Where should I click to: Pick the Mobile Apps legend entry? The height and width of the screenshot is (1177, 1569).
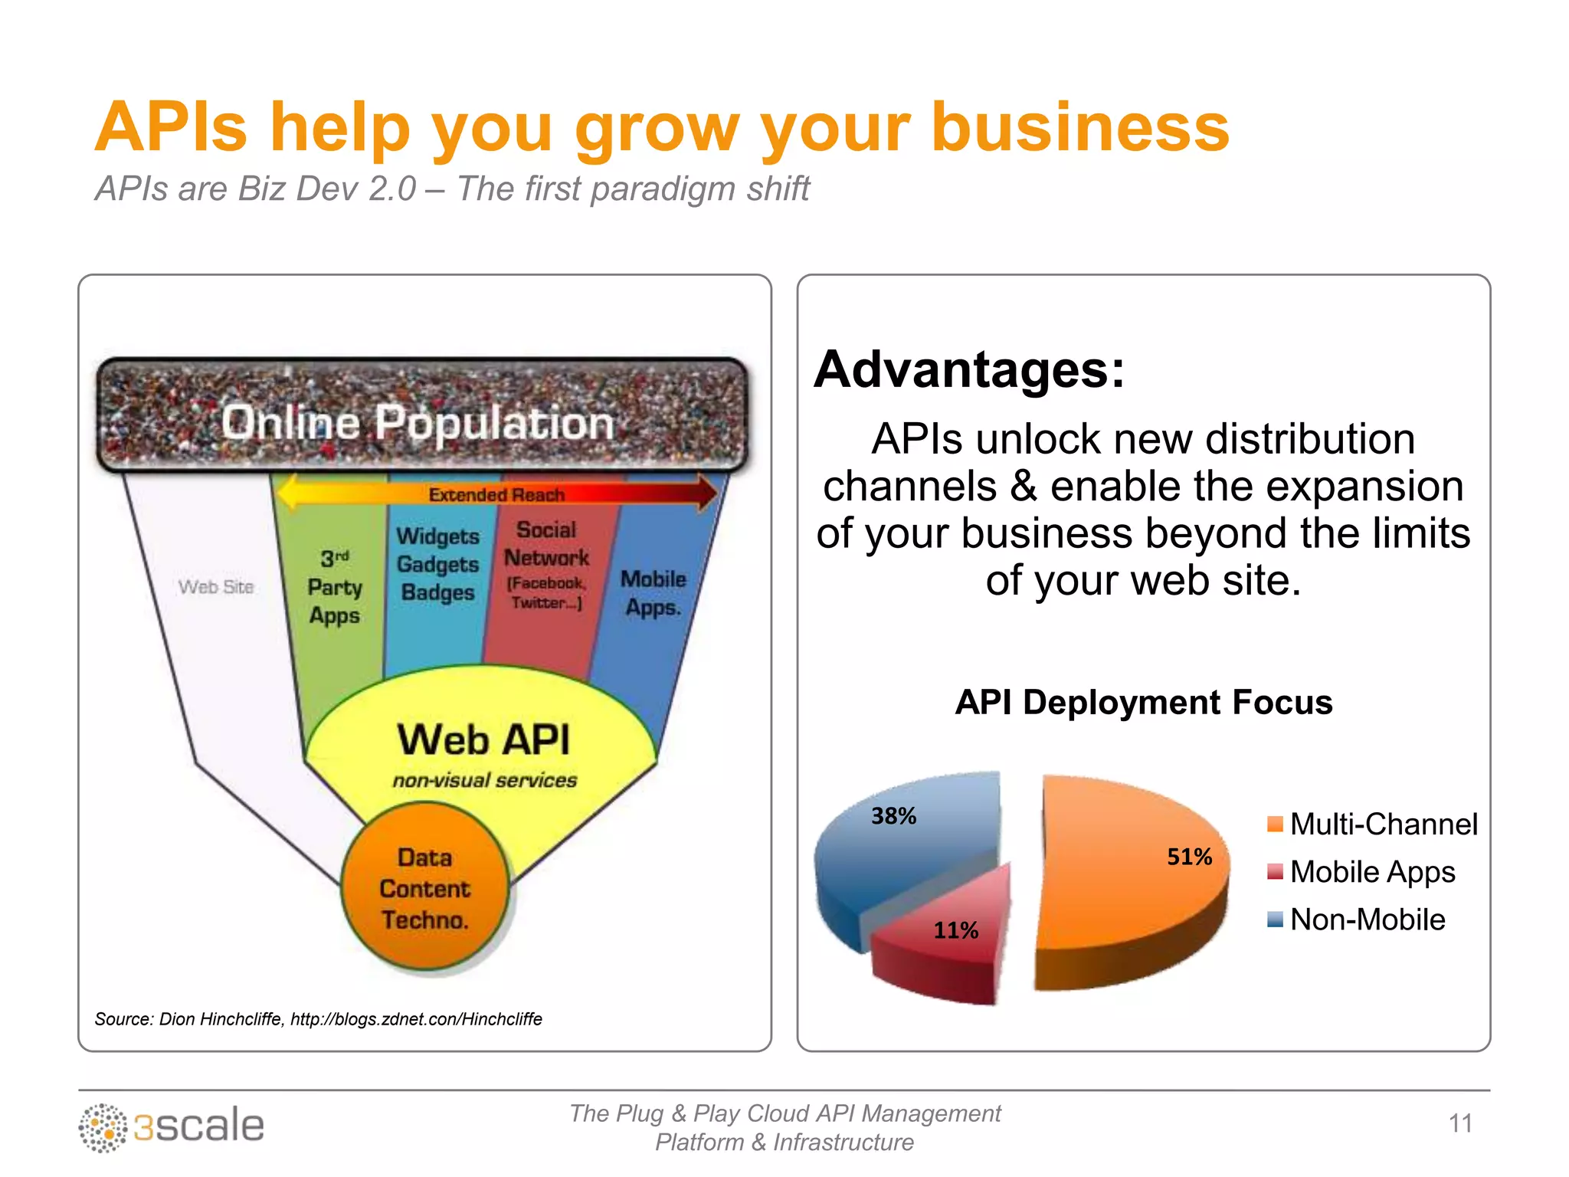[1362, 872]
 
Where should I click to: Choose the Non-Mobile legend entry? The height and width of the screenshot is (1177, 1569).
[1357, 920]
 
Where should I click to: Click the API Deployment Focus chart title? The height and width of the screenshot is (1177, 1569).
[1143, 702]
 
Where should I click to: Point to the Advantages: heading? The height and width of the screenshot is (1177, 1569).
[969, 370]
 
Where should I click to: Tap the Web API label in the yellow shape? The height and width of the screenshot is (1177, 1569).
[483, 740]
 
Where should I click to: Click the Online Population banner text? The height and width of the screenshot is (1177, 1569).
[418, 422]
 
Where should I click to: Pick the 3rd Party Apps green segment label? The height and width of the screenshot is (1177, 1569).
[334, 587]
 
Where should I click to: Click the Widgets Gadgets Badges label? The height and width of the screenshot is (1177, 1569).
[437, 564]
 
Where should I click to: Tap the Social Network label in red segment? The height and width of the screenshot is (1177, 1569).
[546, 544]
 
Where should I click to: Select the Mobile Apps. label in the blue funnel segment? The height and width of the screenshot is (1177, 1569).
[653, 593]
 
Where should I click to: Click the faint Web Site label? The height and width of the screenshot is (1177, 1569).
[216, 587]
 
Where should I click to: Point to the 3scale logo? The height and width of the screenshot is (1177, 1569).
[172, 1126]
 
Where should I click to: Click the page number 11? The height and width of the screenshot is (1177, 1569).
[1460, 1123]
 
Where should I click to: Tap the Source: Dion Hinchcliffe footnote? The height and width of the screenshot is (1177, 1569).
[318, 1019]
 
